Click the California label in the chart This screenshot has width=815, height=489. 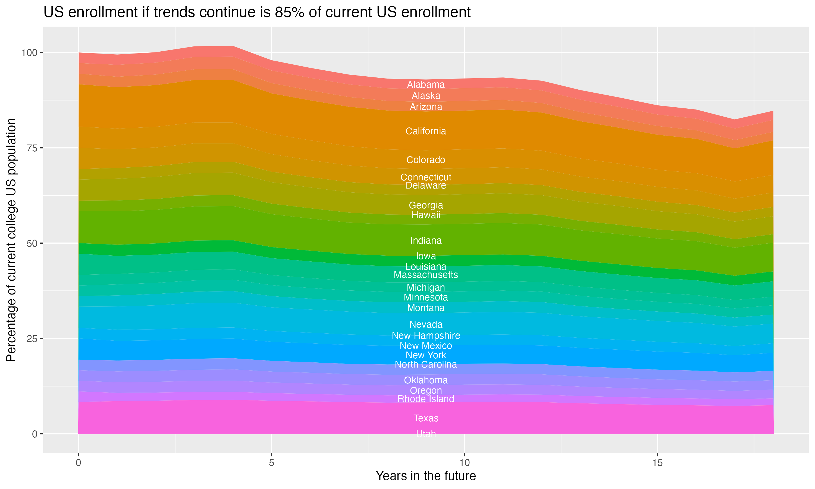[x=426, y=131]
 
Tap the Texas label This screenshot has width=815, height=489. [x=426, y=418]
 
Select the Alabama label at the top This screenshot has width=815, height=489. [x=426, y=85]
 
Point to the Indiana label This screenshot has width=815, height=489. [x=426, y=240]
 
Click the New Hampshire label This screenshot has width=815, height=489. [x=426, y=336]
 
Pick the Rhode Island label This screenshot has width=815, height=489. [x=426, y=399]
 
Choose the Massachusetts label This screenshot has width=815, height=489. [x=426, y=275]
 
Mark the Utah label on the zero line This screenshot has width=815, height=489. [x=426, y=434]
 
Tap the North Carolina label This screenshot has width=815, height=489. [x=426, y=365]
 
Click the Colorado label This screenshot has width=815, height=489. [x=426, y=160]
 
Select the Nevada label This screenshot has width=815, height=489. [x=426, y=325]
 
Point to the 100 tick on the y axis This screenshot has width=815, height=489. [x=30, y=53]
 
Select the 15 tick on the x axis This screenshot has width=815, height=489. [x=657, y=463]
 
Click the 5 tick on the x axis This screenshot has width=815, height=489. [x=271, y=463]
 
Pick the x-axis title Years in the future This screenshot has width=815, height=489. [x=426, y=476]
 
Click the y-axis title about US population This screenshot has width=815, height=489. [x=11, y=240]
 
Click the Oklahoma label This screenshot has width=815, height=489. [x=426, y=380]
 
